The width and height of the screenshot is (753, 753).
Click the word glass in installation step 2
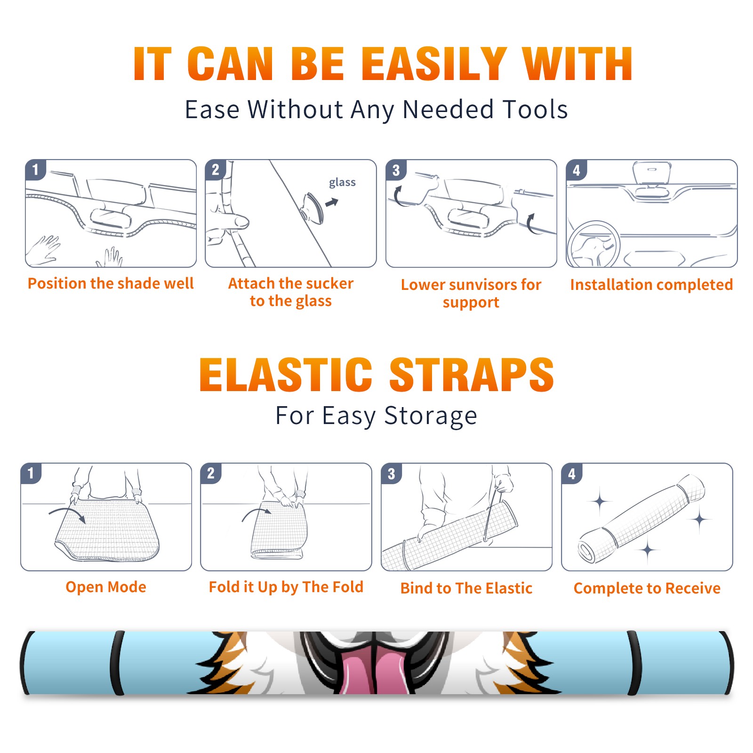(342, 183)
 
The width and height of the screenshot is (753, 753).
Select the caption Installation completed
(651, 285)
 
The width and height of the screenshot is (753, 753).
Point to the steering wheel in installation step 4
(593, 244)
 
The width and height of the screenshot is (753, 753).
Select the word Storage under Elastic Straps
(431, 416)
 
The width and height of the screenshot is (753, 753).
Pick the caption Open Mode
(106, 587)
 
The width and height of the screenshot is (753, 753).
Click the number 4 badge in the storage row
(572, 473)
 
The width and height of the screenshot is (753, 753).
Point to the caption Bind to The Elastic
(466, 588)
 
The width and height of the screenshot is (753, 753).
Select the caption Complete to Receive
(647, 588)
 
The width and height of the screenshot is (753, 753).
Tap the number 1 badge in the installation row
(36, 169)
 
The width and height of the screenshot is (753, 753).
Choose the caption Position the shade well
(111, 283)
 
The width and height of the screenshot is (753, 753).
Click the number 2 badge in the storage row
(211, 473)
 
